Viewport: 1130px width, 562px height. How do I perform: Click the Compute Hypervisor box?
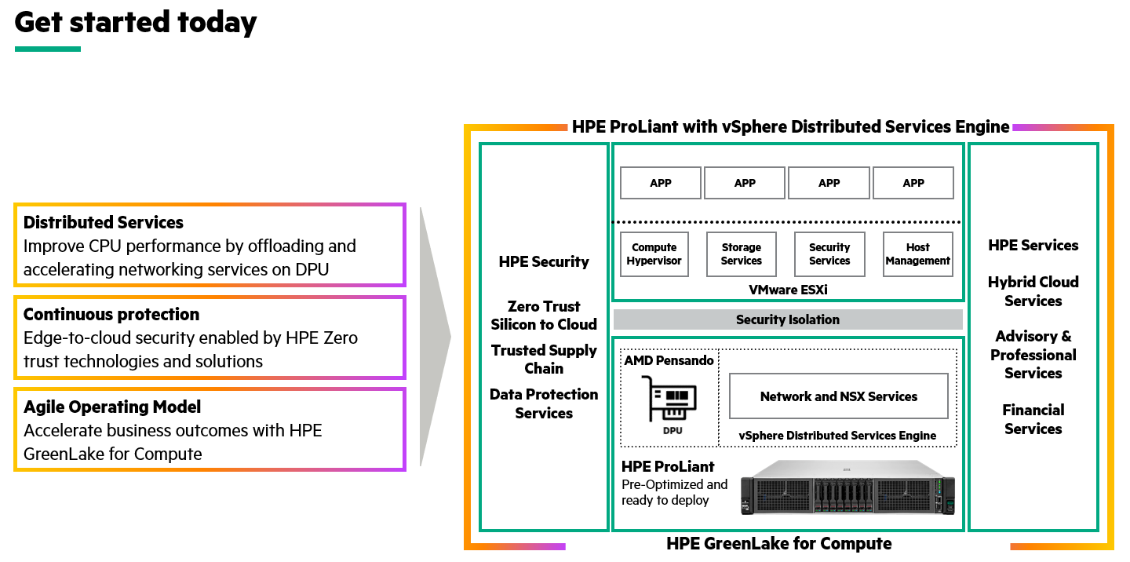(654, 254)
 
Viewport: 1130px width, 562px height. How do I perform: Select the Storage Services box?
(742, 254)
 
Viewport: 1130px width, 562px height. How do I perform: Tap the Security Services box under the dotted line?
(829, 254)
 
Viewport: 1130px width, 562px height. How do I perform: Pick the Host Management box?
(917, 254)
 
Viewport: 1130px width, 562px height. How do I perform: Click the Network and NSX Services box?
(838, 396)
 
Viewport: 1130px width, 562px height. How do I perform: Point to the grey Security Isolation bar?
(788, 319)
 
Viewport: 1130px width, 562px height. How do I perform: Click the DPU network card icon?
(669, 400)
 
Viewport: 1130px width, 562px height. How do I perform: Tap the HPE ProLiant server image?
(848, 487)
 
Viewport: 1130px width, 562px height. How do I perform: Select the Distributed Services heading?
(104, 223)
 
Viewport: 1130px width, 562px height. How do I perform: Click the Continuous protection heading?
(111, 315)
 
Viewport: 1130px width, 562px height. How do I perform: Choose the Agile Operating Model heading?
(112, 407)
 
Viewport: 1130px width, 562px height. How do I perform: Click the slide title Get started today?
(136, 23)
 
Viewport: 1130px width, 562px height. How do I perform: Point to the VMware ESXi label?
(788, 290)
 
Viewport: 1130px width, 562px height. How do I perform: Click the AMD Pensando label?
(669, 360)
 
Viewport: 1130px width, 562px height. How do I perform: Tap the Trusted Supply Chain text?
(544, 359)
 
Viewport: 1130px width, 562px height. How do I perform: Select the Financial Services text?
(1033, 419)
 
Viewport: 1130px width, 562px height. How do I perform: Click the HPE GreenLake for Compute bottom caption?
(778, 543)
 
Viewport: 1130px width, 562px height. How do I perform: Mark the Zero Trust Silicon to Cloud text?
(544, 316)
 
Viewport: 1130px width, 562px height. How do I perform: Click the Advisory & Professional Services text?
(1033, 355)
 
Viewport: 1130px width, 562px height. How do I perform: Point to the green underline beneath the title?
(48, 49)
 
